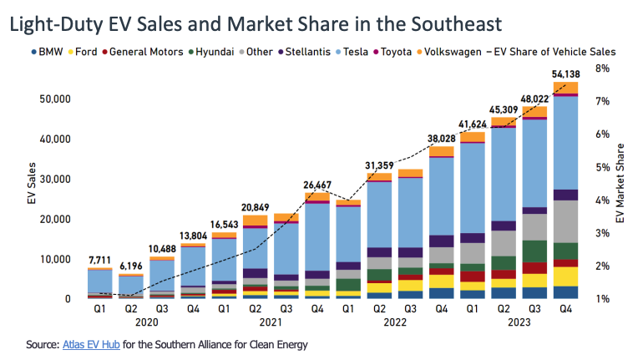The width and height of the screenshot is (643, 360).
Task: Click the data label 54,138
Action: coord(565,74)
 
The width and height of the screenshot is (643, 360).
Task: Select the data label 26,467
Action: coord(316,185)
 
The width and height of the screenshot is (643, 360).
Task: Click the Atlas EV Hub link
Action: coord(90,343)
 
